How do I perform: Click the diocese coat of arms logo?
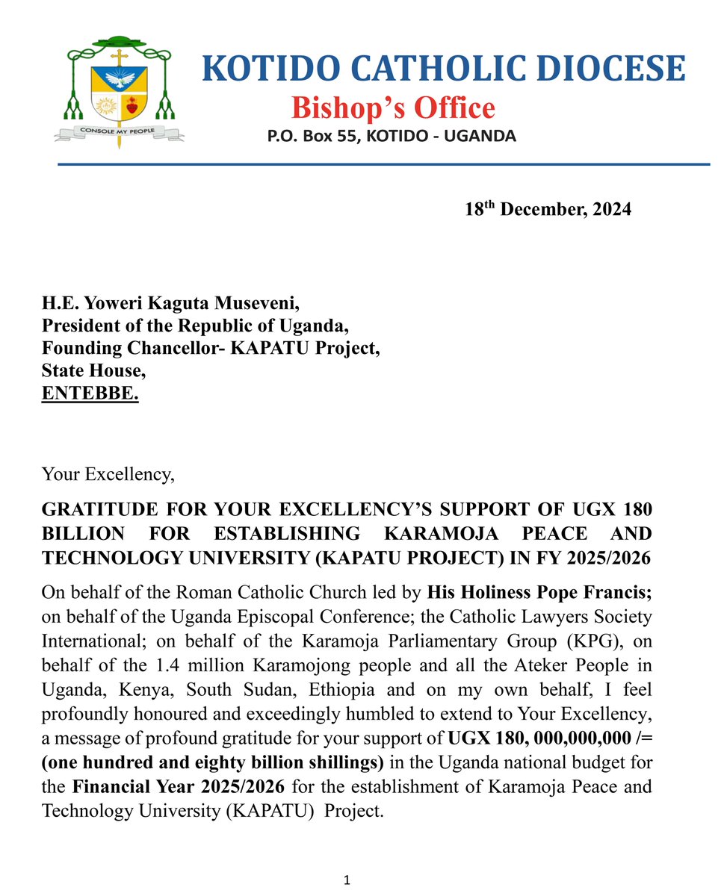tap(120, 86)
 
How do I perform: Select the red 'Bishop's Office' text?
tap(393, 108)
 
